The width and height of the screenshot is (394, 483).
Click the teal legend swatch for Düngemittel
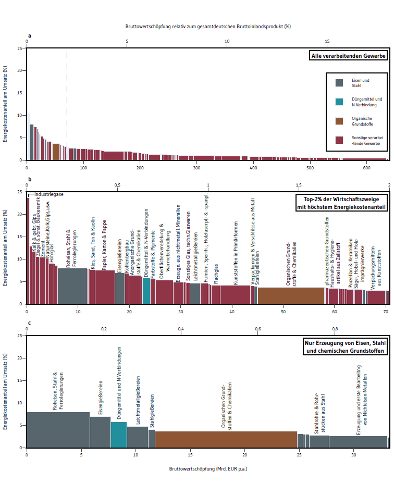[339, 102]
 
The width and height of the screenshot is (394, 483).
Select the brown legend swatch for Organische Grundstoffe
[339, 121]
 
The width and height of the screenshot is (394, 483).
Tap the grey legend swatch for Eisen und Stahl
[339, 83]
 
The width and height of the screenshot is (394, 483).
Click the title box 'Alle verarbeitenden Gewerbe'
[348, 56]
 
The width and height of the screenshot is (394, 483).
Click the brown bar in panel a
[56, 152]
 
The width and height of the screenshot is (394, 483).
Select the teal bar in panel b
[146, 291]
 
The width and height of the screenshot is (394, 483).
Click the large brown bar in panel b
[291, 296]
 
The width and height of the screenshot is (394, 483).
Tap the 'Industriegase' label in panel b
[49, 194]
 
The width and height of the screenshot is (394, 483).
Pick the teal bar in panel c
[119, 435]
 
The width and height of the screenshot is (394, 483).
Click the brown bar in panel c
[226, 440]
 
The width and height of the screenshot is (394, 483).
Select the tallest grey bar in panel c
[58, 430]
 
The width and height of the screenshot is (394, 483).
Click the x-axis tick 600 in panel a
[366, 168]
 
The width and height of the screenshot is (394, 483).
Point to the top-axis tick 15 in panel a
[327, 41]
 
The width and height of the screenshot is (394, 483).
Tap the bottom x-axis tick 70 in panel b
[386, 312]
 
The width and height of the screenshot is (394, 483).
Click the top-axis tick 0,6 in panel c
[258, 329]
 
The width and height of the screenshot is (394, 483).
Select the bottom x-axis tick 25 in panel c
[299, 455]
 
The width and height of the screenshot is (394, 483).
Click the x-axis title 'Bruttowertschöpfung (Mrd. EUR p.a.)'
[208, 469]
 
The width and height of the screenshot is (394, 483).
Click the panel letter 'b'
[30, 179]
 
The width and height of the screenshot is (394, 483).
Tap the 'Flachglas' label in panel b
[216, 274]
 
